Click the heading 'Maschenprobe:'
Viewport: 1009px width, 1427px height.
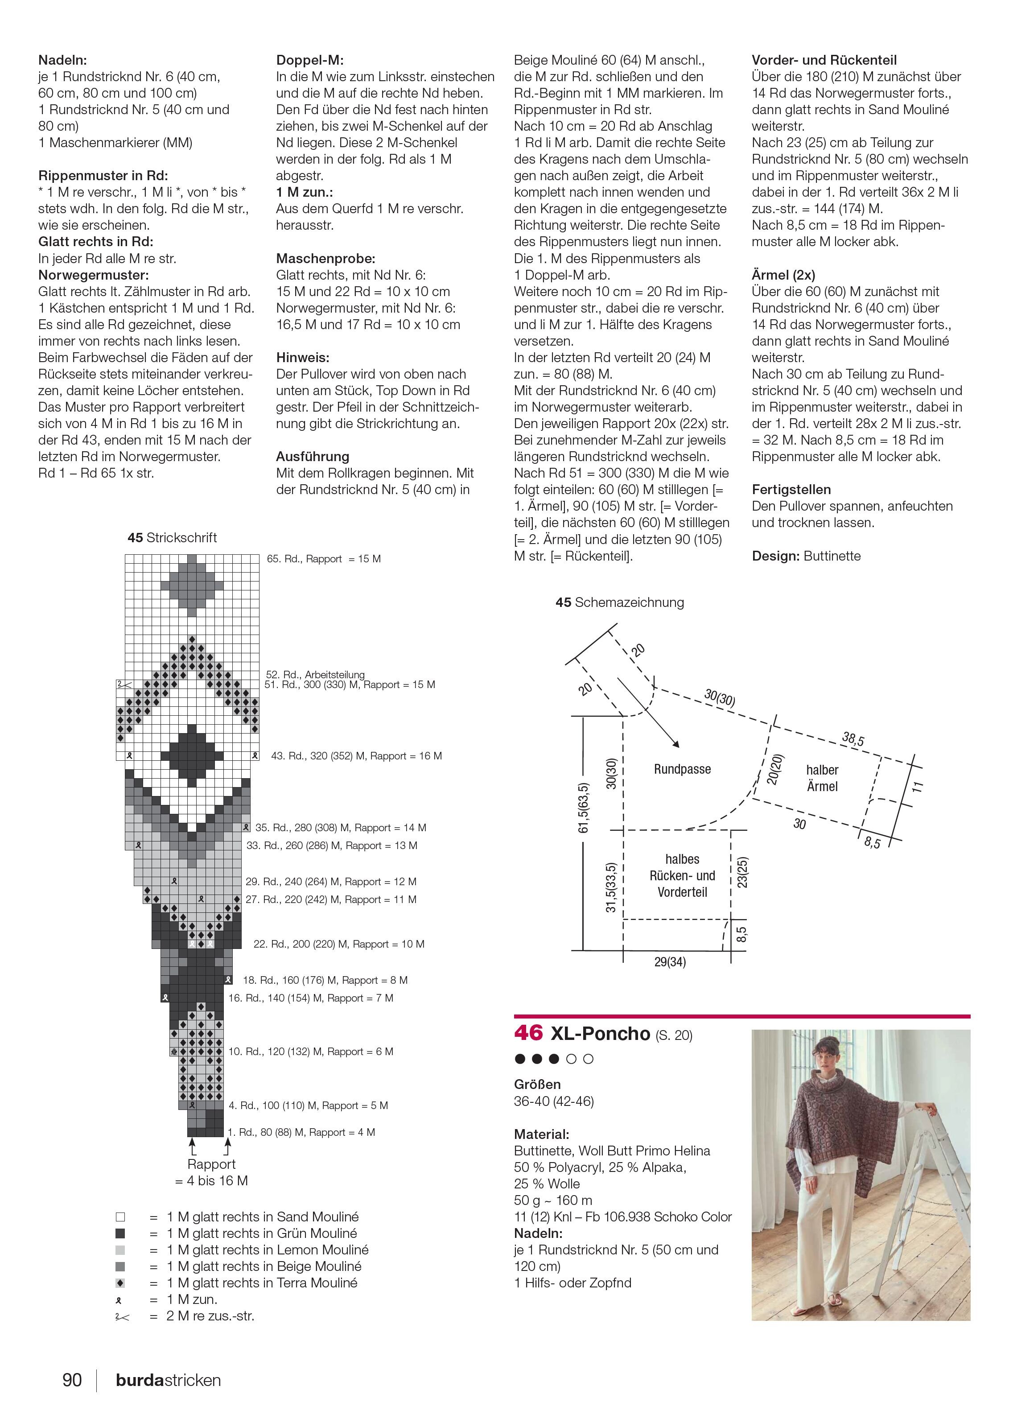click(x=325, y=259)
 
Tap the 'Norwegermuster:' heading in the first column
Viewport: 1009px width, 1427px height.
click(x=94, y=275)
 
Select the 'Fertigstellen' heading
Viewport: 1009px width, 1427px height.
click(x=791, y=489)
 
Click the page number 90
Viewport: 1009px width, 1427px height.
click(x=72, y=1380)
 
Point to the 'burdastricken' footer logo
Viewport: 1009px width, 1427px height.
click(x=169, y=1380)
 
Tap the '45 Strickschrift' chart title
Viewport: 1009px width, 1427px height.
click(x=172, y=538)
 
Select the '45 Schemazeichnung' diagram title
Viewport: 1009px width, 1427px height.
click(x=619, y=602)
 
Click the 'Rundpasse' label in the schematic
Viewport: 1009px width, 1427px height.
click(x=682, y=769)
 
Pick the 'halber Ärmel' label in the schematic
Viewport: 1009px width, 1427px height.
click(x=822, y=778)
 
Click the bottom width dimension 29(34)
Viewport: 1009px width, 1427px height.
click(x=670, y=962)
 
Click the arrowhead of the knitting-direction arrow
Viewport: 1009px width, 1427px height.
click(x=676, y=743)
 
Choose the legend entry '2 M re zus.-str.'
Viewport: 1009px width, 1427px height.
click(x=185, y=1316)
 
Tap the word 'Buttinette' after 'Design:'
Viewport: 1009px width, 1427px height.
click(x=832, y=556)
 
